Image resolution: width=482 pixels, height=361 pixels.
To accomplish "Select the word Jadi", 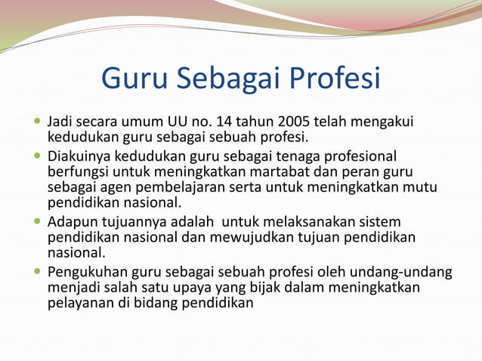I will click(60, 122).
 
